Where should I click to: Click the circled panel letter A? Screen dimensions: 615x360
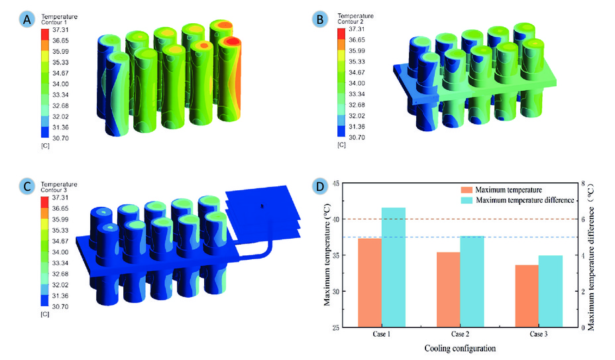tap(27, 19)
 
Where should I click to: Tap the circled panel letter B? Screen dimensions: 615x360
tap(319, 19)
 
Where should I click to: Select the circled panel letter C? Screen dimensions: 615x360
tap(27, 186)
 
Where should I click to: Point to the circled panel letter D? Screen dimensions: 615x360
tap(319, 186)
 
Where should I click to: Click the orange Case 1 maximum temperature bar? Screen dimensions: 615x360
tap(370, 282)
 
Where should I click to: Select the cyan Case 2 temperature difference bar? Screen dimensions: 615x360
tap(472, 282)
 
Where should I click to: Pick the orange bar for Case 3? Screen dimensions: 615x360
tap(527, 296)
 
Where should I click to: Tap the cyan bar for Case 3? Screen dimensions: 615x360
tap(550, 291)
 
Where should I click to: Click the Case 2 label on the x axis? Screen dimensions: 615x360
tap(460, 334)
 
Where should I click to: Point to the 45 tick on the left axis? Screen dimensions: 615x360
tap(336, 184)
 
